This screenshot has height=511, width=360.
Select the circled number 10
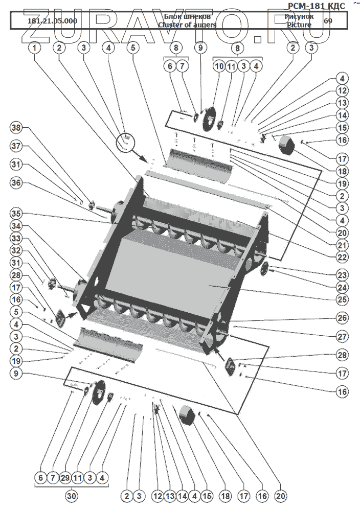click(x=219, y=66)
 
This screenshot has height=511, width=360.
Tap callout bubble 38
click(x=17, y=128)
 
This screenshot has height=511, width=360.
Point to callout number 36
click(x=17, y=182)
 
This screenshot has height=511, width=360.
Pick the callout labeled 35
click(x=17, y=213)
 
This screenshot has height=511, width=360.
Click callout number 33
click(x=17, y=238)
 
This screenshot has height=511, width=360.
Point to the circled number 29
click(x=64, y=477)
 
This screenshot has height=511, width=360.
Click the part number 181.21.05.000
click(x=52, y=21)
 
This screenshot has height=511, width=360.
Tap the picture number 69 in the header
click(x=328, y=21)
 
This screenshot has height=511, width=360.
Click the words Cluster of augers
click(x=187, y=25)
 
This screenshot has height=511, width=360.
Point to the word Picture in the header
click(x=299, y=25)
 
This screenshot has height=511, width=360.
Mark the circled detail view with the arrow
click(x=126, y=141)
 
